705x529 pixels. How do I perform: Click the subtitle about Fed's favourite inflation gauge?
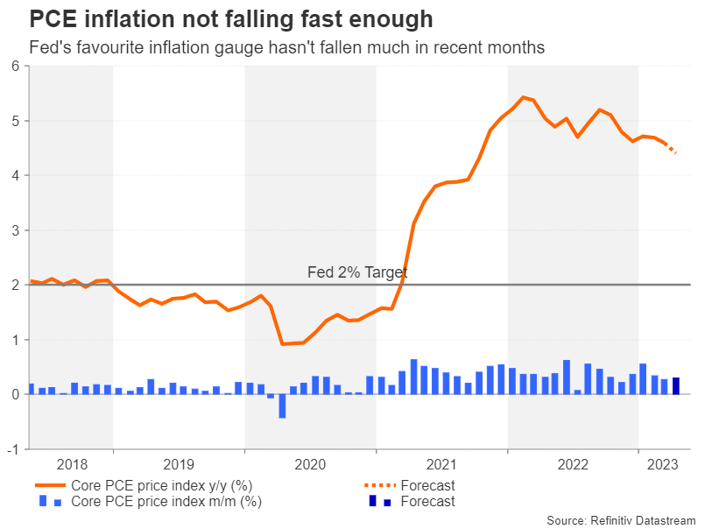(x=287, y=48)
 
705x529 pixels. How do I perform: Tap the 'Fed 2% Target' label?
(x=357, y=273)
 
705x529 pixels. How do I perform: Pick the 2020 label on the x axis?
(x=310, y=464)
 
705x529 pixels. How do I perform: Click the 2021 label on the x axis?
(x=441, y=464)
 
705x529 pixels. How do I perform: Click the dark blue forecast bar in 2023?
(x=676, y=385)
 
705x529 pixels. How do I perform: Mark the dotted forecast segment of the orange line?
(x=671, y=148)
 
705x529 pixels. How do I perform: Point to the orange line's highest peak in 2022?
(x=523, y=97)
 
